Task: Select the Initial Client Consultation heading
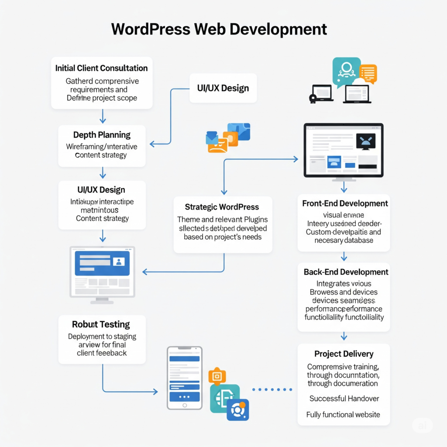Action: coord(101,68)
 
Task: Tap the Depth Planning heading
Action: coord(102,134)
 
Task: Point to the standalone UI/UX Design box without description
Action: coord(223,88)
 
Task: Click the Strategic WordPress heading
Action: coord(222,207)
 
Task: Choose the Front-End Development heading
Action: coord(345,203)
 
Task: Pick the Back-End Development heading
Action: coord(346,272)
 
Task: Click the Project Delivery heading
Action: coord(344,354)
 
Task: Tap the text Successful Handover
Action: coord(344,398)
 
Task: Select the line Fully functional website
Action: coord(343,415)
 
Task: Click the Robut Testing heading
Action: coord(101,324)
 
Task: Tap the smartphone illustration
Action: coord(185,378)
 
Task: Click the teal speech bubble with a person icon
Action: coord(346,70)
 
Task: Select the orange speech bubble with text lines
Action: coord(368,74)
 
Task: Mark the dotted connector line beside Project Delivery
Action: coord(272,389)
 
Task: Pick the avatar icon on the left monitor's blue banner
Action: coord(118,261)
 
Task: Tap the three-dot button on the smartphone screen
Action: coord(184,397)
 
